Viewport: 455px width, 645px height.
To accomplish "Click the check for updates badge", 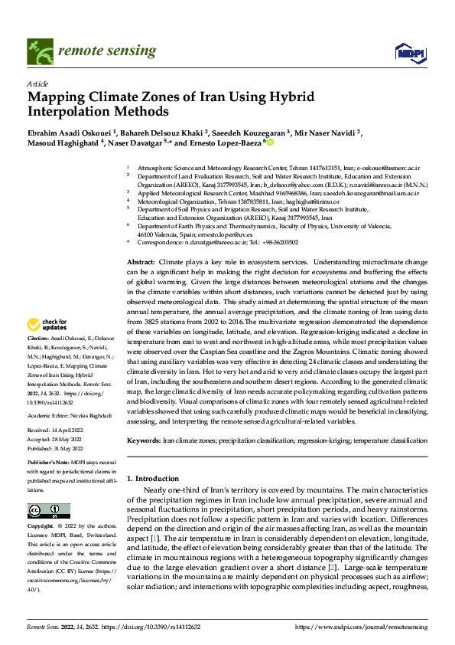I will coord(44,325).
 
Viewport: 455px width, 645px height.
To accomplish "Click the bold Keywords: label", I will coord(143,441).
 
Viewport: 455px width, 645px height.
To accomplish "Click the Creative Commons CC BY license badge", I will coord(48,510).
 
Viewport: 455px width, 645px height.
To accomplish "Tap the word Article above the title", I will coord(37,83).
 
